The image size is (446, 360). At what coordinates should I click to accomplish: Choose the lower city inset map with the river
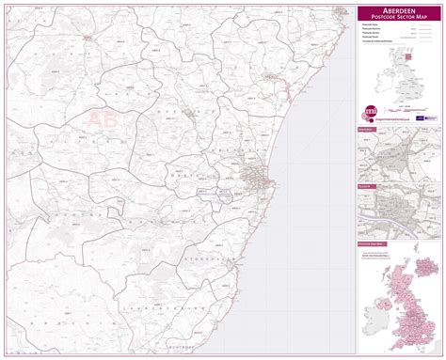click(399, 211)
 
